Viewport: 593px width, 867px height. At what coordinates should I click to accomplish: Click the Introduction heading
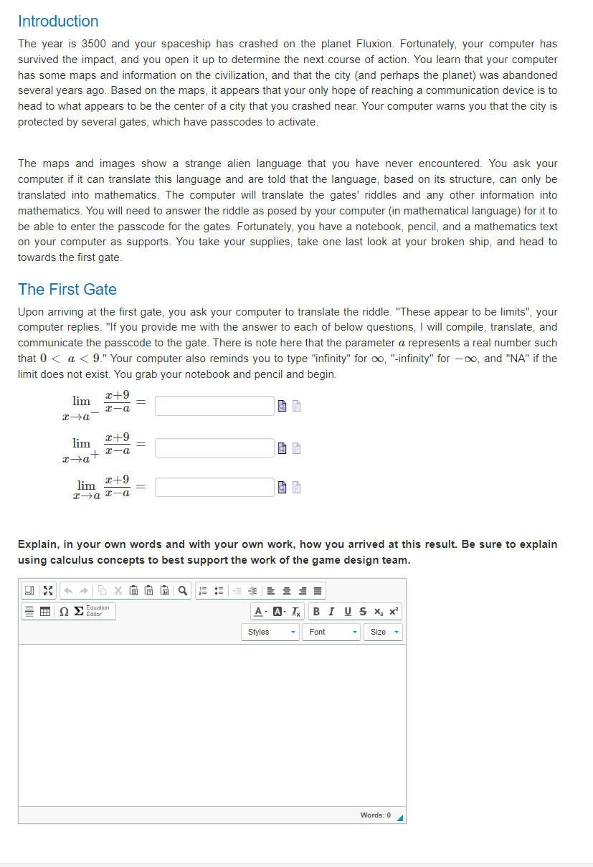[x=58, y=22]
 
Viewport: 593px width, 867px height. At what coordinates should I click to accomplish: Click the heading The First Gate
[x=67, y=290]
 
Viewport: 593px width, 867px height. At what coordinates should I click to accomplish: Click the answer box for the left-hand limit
[x=214, y=406]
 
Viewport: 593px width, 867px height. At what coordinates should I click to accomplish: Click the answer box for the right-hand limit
[x=214, y=448]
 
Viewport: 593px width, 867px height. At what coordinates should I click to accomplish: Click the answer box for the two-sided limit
[x=214, y=488]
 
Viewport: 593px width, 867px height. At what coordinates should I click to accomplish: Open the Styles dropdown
[x=270, y=632]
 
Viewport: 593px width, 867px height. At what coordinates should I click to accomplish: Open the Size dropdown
[x=384, y=632]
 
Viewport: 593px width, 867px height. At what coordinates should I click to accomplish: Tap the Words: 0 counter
[x=376, y=815]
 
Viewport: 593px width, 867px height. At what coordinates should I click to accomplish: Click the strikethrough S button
[x=364, y=612]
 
